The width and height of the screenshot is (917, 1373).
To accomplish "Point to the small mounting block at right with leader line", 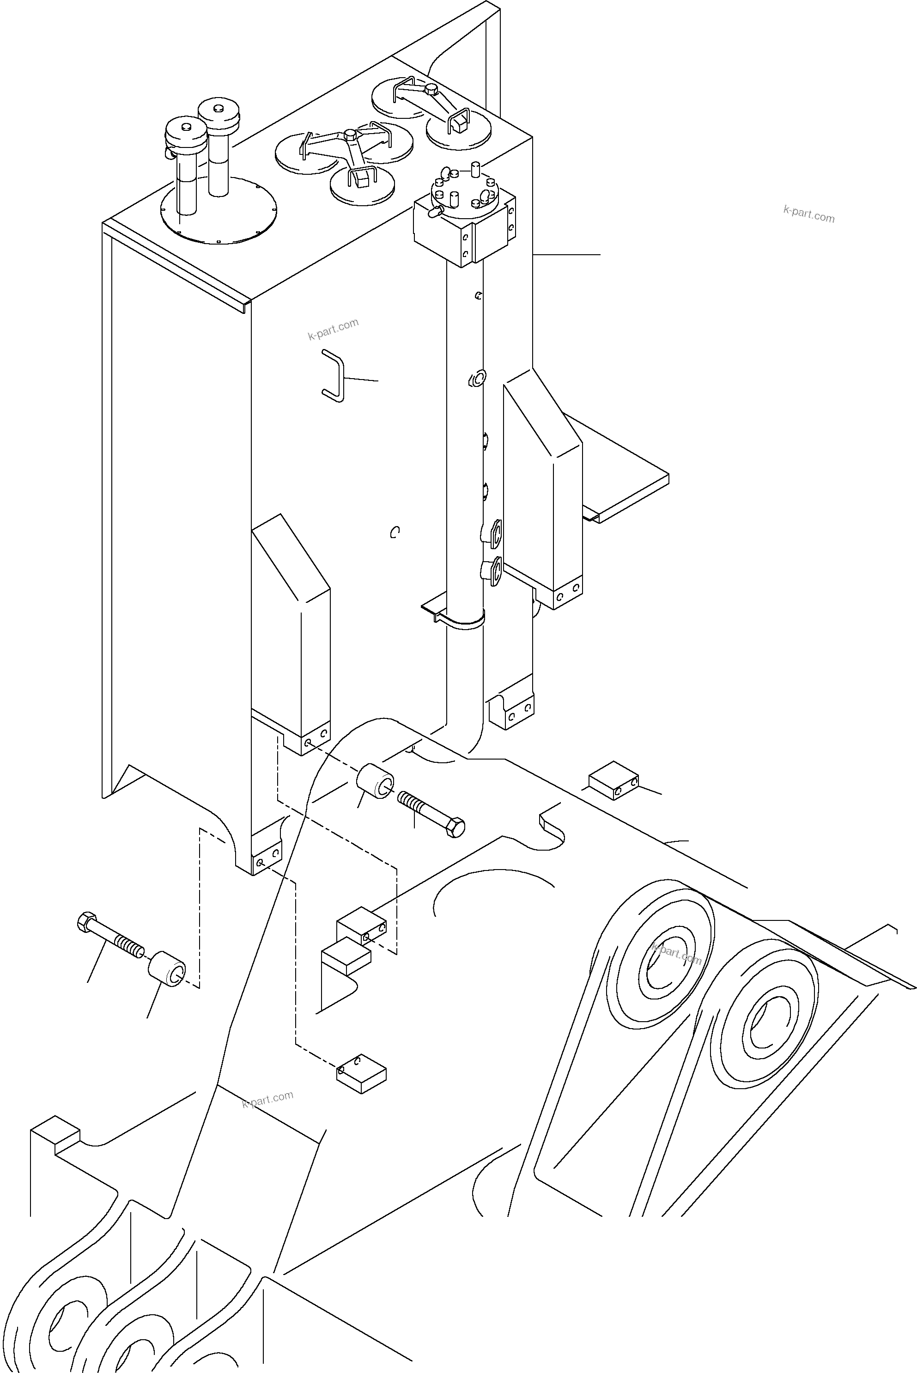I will coord(613,780).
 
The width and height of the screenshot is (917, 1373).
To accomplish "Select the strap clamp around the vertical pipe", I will coord(462,620).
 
